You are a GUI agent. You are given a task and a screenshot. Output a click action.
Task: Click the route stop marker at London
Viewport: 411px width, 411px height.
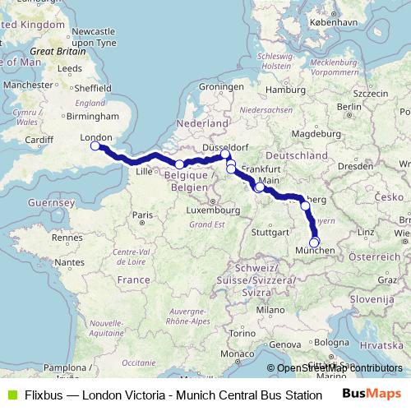tap(95, 146)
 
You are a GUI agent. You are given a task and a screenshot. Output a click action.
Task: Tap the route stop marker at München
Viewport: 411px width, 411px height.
tap(313, 242)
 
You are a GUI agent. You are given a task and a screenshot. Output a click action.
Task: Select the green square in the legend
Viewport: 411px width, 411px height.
tap(10, 394)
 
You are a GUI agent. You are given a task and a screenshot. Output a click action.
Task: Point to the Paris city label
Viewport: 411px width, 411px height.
tap(145, 215)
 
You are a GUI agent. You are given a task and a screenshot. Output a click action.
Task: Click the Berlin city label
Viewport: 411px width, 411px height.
tap(349, 106)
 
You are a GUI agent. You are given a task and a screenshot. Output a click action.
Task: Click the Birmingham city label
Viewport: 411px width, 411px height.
tap(73, 117)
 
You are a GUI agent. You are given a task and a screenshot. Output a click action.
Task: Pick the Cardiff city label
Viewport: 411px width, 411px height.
tap(39, 140)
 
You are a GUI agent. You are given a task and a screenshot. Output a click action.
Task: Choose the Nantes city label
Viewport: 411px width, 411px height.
tap(72, 261)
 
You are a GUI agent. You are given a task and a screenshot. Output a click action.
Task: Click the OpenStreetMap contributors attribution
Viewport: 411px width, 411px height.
tap(339, 368)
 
